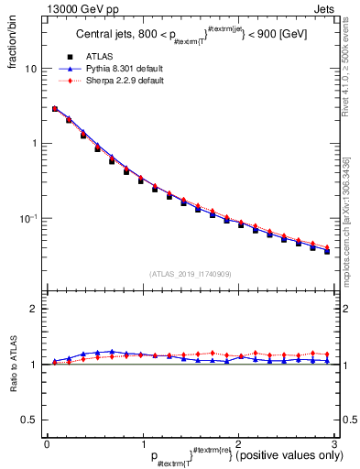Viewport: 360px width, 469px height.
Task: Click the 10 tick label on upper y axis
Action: coord(31,70)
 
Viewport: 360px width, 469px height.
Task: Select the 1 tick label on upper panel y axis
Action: coord(35,144)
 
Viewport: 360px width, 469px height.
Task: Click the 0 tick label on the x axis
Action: coord(47,443)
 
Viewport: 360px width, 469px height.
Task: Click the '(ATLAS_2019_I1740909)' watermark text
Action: coord(190,273)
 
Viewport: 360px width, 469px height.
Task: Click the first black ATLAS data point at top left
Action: coord(55,109)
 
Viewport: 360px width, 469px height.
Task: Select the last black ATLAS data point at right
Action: coord(327,251)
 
